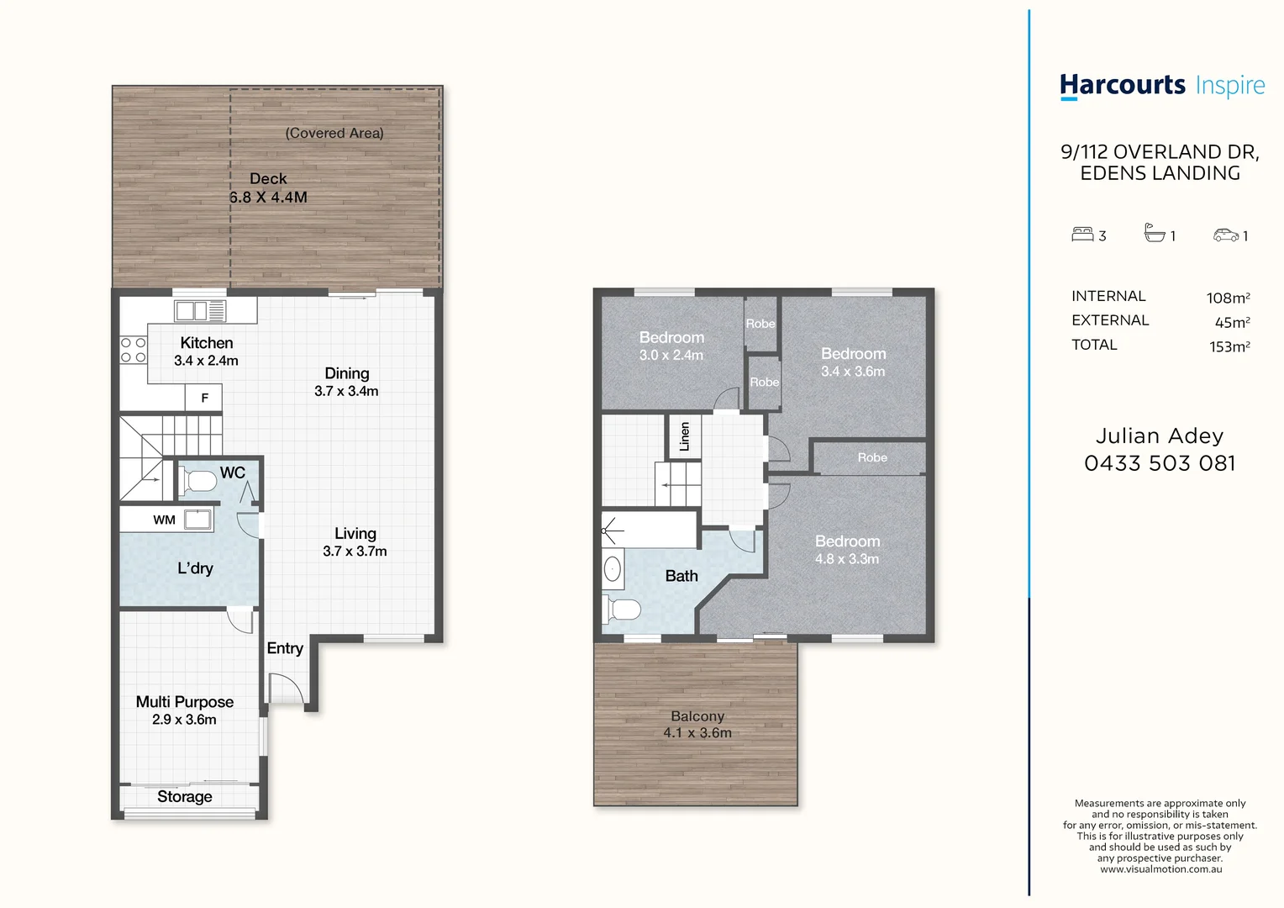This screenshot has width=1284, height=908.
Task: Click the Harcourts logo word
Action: click(x=1123, y=86)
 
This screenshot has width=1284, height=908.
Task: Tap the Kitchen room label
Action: click(x=207, y=342)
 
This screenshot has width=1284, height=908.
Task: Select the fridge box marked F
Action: click(x=203, y=398)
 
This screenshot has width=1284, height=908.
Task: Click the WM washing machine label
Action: click(x=164, y=520)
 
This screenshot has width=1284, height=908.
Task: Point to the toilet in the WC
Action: click(x=197, y=481)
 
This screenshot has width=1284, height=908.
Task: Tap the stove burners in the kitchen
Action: click(x=133, y=350)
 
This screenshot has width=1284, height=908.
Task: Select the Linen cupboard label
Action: click(x=684, y=437)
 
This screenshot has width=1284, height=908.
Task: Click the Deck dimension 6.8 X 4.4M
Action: click(x=268, y=198)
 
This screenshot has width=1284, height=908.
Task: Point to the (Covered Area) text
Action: click(x=334, y=133)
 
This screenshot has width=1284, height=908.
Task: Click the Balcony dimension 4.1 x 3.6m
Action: click(x=697, y=732)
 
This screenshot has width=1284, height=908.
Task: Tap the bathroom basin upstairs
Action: click(x=613, y=569)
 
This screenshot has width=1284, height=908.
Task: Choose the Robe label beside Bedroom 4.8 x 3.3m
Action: click(x=872, y=457)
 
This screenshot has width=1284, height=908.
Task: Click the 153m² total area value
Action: click(x=1229, y=346)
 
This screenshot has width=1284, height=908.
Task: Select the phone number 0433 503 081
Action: click(x=1160, y=463)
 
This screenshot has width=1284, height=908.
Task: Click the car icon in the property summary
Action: click(x=1225, y=235)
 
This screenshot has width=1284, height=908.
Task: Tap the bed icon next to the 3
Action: click(x=1082, y=234)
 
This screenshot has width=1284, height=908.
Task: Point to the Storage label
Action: click(x=185, y=797)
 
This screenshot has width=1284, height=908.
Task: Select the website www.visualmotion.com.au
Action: click(x=1160, y=869)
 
